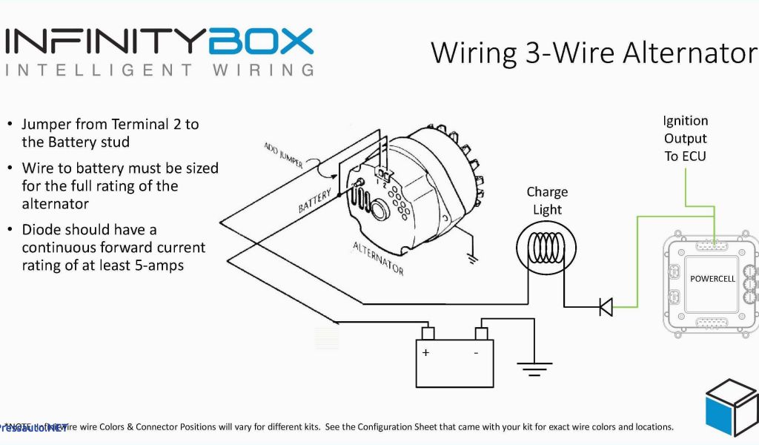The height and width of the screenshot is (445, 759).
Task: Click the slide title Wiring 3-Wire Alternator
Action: click(x=594, y=53)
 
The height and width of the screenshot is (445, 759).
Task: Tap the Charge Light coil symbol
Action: click(x=548, y=248)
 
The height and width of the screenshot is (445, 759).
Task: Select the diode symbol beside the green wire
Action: click(x=606, y=306)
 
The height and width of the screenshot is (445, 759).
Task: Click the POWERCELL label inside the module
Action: click(x=712, y=279)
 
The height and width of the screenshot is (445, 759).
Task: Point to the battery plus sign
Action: click(x=426, y=352)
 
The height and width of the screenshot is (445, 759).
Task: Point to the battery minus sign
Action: click(x=476, y=352)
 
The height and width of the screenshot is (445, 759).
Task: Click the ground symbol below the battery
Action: click(x=534, y=366)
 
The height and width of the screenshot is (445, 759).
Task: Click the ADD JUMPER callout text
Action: click(x=283, y=156)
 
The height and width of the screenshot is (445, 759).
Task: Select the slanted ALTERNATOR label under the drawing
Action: click(x=378, y=258)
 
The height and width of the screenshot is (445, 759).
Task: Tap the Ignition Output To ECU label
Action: click(x=685, y=138)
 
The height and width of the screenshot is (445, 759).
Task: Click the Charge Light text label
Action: click(x=547, y=200)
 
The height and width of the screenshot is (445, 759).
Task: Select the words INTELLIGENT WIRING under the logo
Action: click(x=159, y=70)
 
